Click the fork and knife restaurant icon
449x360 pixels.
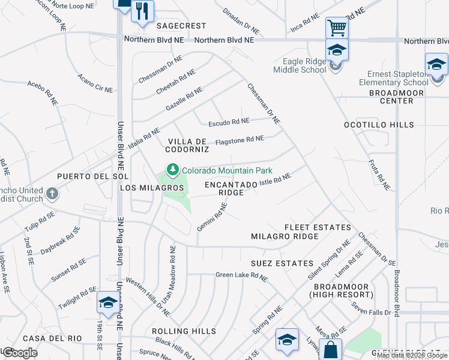(x=142, y=11)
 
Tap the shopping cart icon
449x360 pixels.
(x=337, y=28)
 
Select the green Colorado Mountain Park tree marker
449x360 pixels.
(x=173, y=170)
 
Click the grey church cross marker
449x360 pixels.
(x=52, y=194)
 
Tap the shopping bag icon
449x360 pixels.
(x=330, y=349)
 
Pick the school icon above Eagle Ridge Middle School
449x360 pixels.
(x=337, y=50)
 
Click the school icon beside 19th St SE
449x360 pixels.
(x=107, y=303)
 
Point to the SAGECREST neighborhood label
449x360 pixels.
(x=181, y=26)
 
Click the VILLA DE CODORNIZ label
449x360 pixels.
(x=187, y=144)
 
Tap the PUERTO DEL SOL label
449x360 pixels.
(x=85, y=176)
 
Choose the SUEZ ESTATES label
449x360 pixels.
(x=282, y=263)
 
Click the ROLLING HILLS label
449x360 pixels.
(x=184, y=331)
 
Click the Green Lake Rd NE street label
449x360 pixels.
(x=241, y=275)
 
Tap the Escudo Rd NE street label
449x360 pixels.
(x=229, y=122)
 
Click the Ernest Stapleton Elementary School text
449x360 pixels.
(x=394, y=79)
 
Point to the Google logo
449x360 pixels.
(x=20, y=353)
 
